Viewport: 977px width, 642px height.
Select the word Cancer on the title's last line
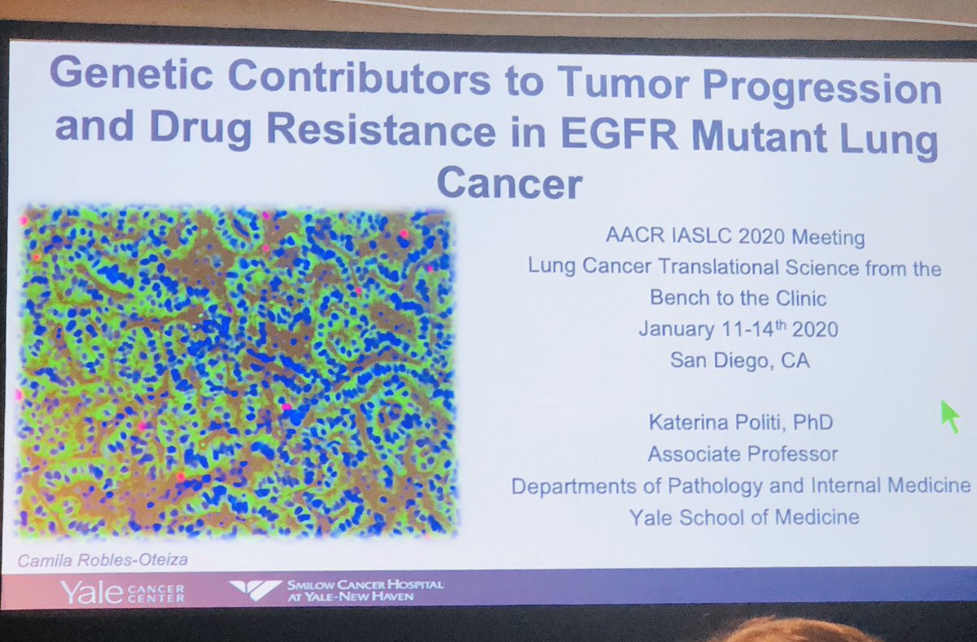(x=510, y=184)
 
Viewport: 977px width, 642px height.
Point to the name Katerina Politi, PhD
(x=741, y=421)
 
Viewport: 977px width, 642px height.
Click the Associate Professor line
(x=742, y=453)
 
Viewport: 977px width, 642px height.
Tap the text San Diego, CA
(x=739, y=360)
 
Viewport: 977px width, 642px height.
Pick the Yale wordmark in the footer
(x=91, y=592)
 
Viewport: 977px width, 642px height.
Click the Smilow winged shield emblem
(x=255, y=590)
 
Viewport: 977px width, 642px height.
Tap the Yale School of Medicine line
(x=743, y=516)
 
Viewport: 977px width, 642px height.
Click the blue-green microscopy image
(x=236, y=370)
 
